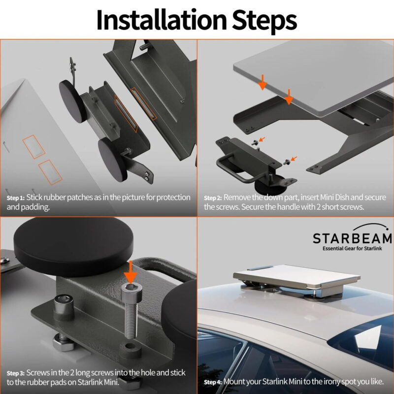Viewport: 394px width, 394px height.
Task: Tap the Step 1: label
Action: click(x=15, y=198)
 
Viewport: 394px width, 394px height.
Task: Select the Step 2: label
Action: click(x=213, y=198)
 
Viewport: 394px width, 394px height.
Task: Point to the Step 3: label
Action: click(x=15, y=373)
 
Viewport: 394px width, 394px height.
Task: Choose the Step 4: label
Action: click(x=213, y=382)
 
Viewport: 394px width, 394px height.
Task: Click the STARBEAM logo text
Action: click(x=352, y=239)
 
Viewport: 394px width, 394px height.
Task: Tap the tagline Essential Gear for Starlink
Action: click(x=352, y=250)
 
